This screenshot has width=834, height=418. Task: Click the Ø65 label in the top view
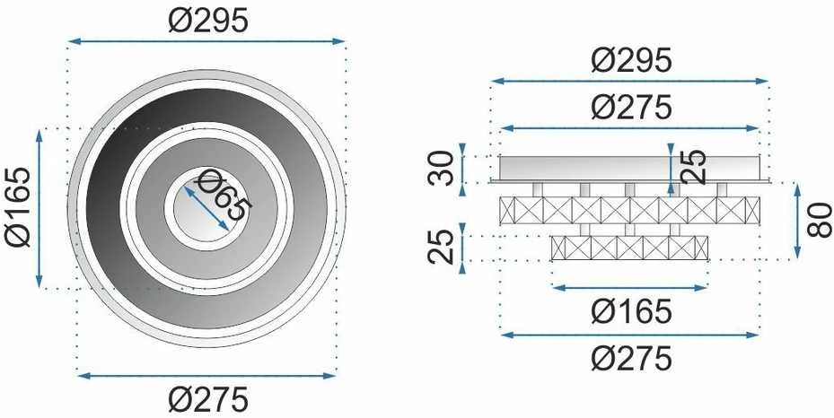pos(224,194)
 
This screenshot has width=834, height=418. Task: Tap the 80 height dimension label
pos(819,220)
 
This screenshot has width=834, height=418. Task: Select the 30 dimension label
pos(441,169)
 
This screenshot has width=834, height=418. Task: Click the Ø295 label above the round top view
pos(208,22)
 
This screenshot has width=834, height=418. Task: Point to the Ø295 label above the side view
pos(631,61)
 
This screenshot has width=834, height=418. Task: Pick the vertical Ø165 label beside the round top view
pos(19,207)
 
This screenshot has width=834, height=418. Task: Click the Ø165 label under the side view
pos(631,311)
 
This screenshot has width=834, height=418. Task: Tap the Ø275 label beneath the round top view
pos(208,399)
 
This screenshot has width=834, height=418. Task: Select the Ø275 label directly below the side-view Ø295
pos(631,108)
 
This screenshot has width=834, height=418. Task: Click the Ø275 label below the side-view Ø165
pos(631,359)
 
